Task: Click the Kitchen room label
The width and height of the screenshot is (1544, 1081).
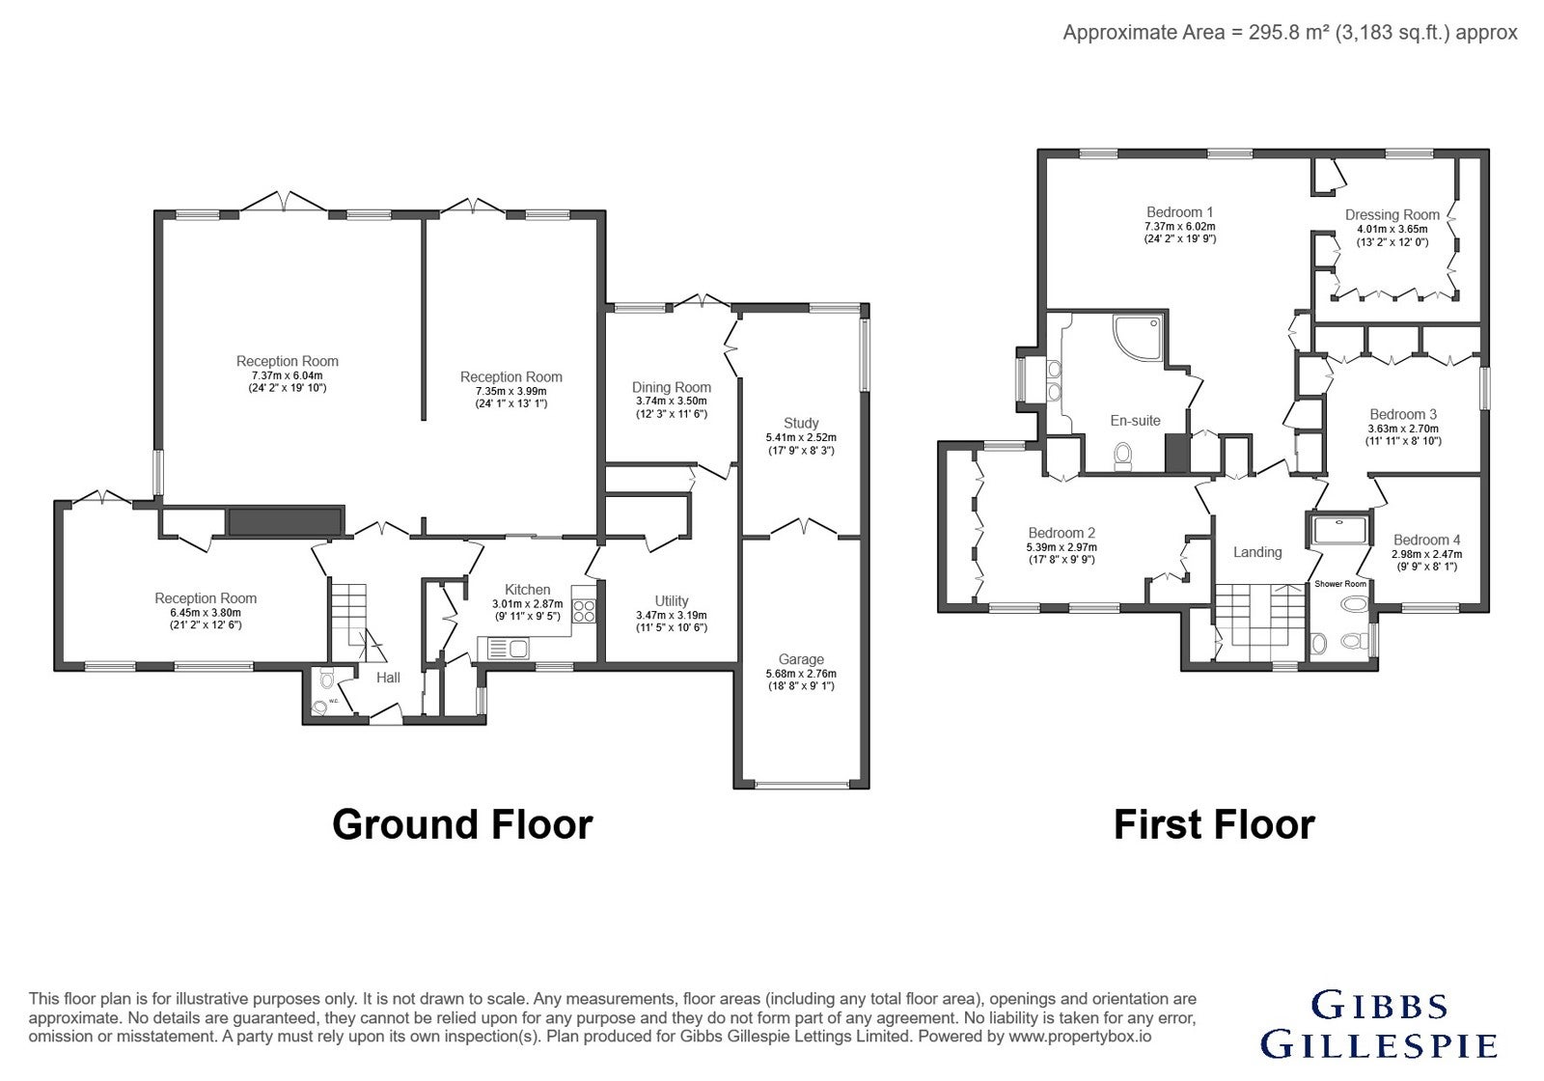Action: click(x=527, y=590)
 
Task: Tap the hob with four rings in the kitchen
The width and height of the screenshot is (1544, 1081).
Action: click(x=584, y=611)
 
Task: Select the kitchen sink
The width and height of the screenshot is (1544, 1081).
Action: click(x=508, y=648)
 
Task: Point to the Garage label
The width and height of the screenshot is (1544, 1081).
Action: click(x=801, y=659)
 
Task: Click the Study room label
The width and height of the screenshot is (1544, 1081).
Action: click(x=801, y=423)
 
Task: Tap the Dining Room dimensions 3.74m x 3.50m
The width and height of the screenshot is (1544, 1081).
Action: click(x=672, y=401)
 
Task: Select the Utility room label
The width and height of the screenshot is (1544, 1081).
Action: click(x=672, y=600)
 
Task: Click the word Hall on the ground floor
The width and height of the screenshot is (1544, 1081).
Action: click(x=388, y=678)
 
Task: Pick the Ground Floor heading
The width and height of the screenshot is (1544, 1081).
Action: click(x=462, y=824)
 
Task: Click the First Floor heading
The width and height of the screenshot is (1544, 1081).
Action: click(x=1215, y=824)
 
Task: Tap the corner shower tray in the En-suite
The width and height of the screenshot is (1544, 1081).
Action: click(x=1138, y=337)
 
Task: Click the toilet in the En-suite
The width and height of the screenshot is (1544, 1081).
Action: click(x=1123, y=456)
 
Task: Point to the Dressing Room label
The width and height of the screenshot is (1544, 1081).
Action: click(x=1392, y=214)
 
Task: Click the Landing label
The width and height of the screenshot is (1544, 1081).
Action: click(x=1257, y=551)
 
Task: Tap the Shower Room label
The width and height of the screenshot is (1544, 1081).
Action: click(x=1340, y=584)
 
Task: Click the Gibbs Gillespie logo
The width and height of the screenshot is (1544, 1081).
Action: click(x=1379, y=1024)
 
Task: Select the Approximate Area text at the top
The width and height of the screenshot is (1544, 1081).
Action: click(x=1289, y=33)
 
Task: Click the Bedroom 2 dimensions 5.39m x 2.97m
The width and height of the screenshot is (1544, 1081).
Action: click(x=1061, y=547)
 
